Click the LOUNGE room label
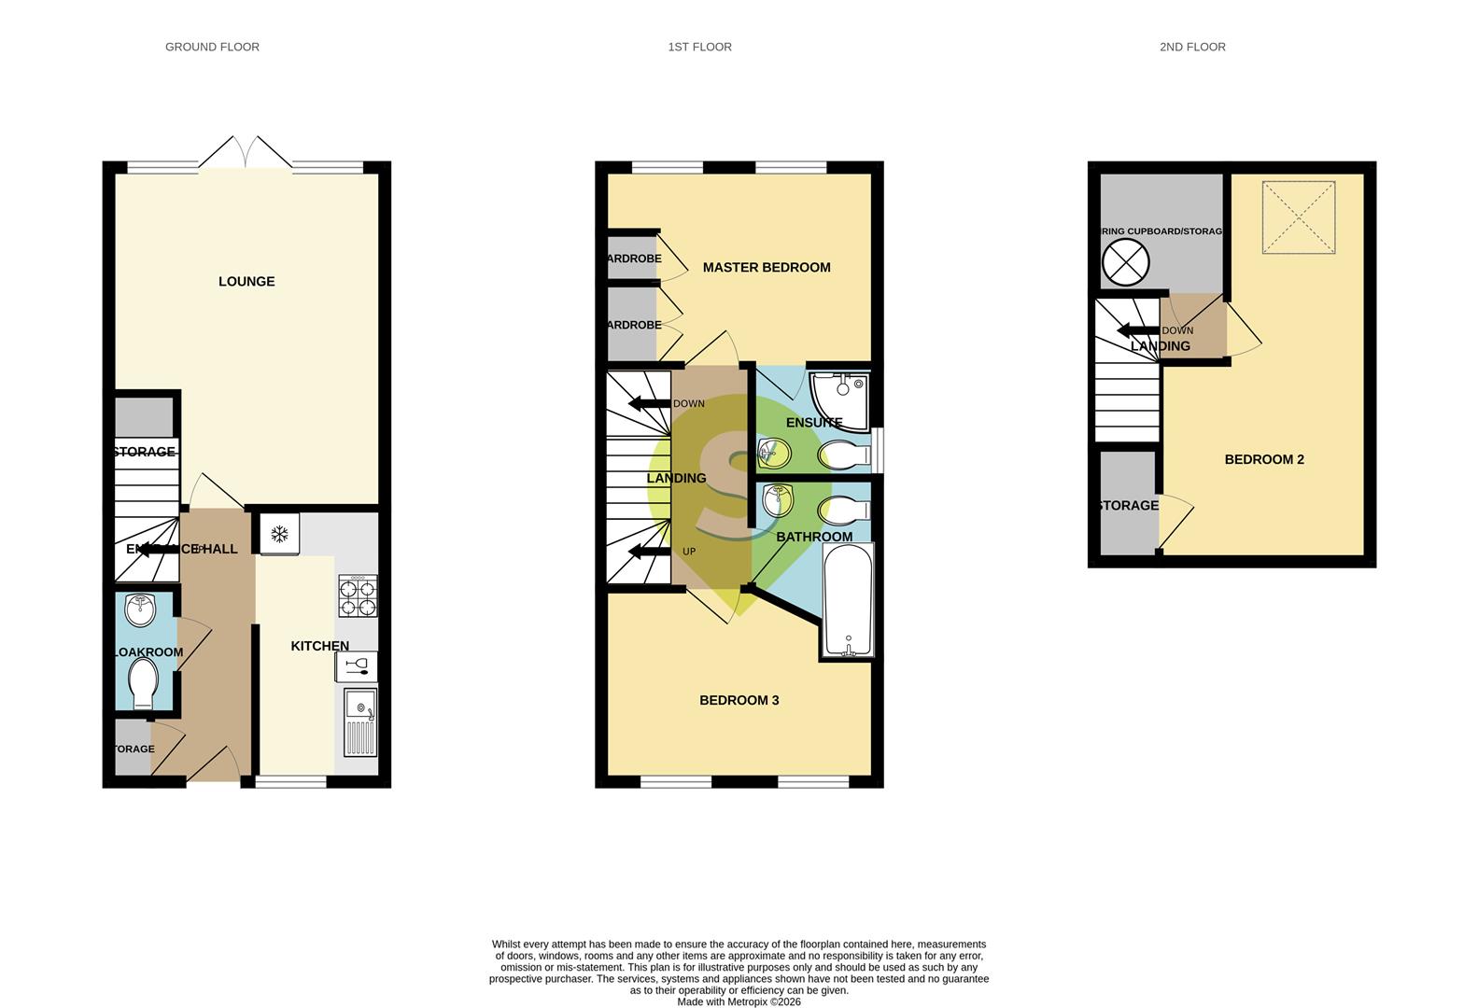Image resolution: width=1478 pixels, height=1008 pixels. pyautogui.click(x=246, y=282)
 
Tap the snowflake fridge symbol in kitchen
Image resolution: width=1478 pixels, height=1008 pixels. pyautogui.click(x=278, y=534)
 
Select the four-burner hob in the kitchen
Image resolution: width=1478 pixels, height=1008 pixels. pyautogui.click(x=358, y=595)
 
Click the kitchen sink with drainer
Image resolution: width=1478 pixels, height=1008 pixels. pyautogui.click(x=359, y=722)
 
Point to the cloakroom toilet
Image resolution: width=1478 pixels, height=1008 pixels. pyautogui.click(x=143, y=683)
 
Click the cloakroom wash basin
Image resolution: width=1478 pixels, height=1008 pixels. pyautogui.click(x=141, y=611)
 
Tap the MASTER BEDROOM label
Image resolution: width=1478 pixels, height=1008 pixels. pyautogui.click(x=766, y=268)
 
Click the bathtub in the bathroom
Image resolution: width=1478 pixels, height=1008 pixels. pyautogui.click(x=848, y=600)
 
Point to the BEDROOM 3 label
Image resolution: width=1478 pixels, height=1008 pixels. pyautogui.click(x=739, y=701)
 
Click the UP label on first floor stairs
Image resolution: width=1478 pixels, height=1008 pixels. pyautogui.click(x=689, y=552)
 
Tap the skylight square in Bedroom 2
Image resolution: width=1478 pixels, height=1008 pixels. pyautogui.click(x=1299, y=217)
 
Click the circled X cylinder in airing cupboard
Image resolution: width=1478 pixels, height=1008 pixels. pyautogui.click(x=1125, y=262)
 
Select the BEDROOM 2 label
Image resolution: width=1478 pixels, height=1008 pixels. pyautogui.click(x=1264, y=460)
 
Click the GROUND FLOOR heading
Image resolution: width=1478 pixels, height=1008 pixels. pyautogui.click(x=212, y=47)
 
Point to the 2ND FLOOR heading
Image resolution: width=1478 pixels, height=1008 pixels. pyautogui.click(x=1192, y=47)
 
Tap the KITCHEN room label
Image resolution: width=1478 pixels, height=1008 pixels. pyautogui.click(x=319, y=646)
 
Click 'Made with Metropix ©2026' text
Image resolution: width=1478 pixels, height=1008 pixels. pyautogui.click(x=739, y=1002)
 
